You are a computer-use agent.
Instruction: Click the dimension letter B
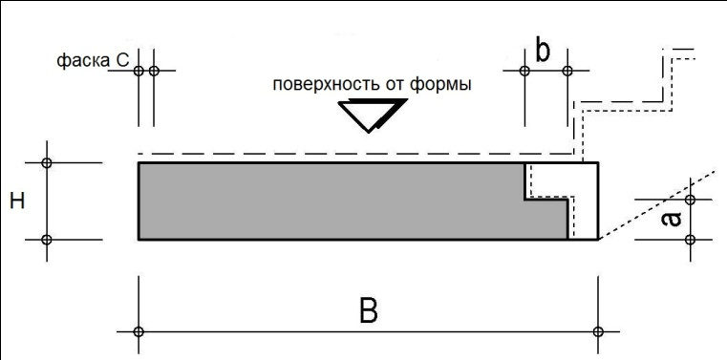click(368, 310)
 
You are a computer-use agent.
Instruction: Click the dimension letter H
click(16, 201)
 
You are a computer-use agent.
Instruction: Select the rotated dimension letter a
click(672, 219)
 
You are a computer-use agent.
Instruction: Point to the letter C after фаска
click(122, 61)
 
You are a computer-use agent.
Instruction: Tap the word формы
click(442, 83)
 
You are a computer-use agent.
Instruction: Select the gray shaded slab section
click(325, 201)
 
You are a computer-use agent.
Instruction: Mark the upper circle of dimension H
click(47, 163)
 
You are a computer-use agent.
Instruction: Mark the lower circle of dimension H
click(47, 239)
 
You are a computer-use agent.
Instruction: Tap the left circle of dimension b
click(524, 71)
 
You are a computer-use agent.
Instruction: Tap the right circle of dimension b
click(567, 71)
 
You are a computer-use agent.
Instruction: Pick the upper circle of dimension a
click(692, 201)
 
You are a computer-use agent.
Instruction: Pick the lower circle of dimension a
click(692, 239)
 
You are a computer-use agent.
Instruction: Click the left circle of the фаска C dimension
click(139, 71)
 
